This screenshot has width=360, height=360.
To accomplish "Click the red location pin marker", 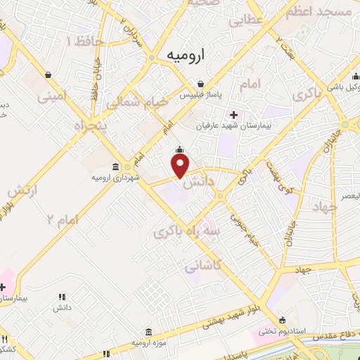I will [181, 165].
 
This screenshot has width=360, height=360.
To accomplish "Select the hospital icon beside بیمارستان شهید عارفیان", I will [233, 115].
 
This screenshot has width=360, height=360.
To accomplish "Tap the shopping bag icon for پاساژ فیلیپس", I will [201, 83].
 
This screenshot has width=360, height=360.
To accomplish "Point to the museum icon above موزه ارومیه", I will [148, 331].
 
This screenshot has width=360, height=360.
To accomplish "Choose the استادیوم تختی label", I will [276, 330].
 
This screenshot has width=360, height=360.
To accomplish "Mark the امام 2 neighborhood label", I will [63, 219].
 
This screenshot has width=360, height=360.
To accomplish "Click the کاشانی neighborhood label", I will [204, 266].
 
